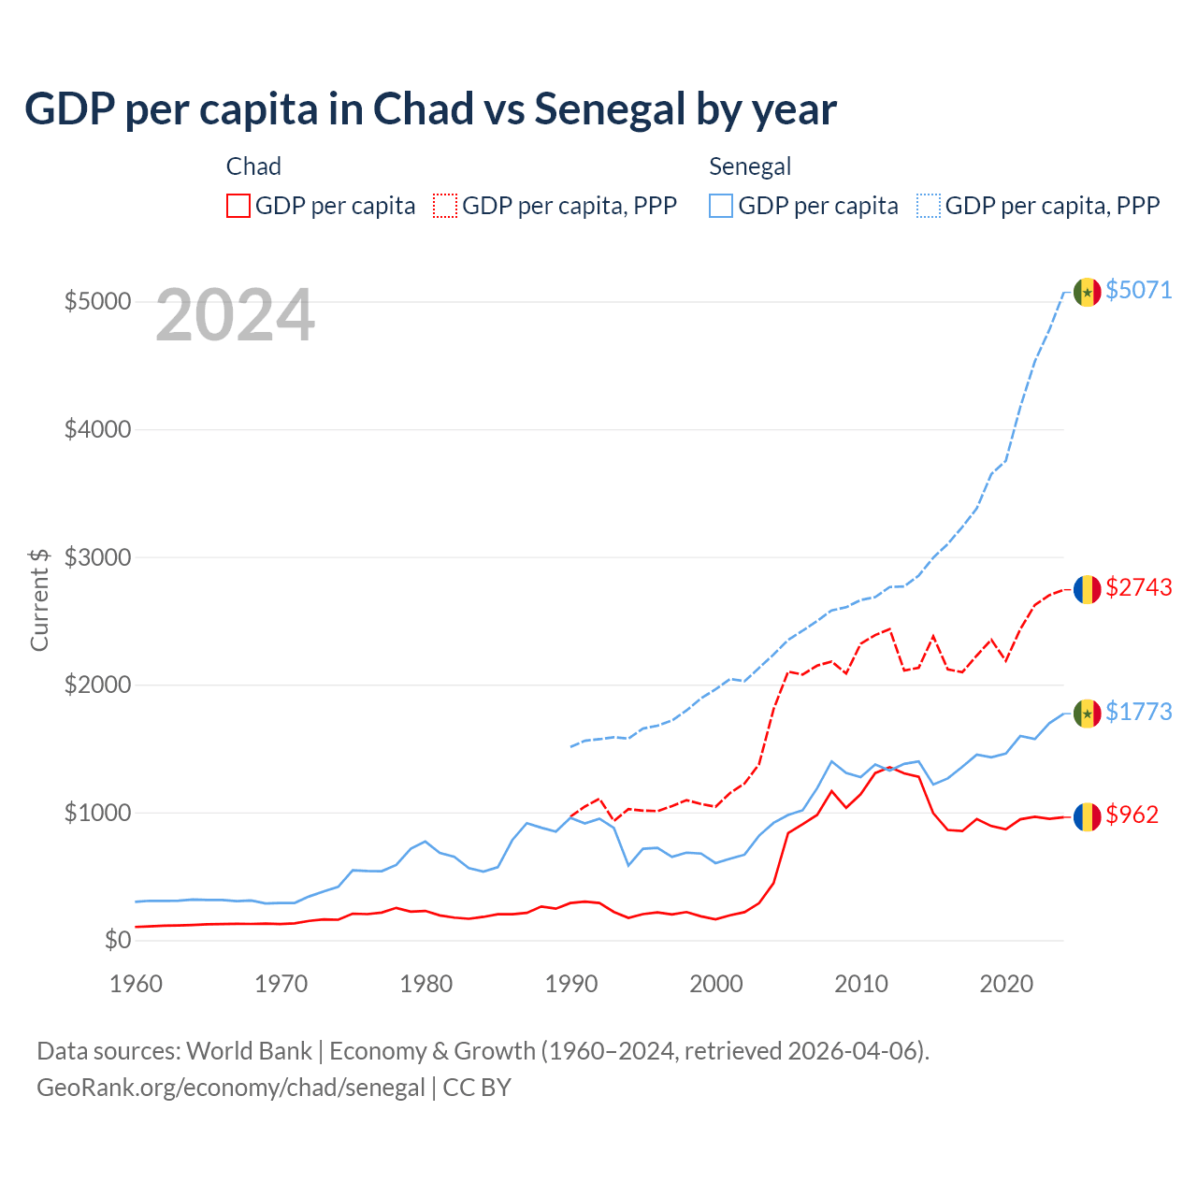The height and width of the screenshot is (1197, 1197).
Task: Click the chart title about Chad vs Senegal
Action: pos(430,109)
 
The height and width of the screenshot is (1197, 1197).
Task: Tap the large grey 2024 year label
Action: pos(235,315)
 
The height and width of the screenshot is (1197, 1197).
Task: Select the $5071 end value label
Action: pos(1138,290)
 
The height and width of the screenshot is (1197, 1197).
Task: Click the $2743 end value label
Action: pos(1138,587)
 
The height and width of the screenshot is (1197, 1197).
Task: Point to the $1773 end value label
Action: pos(1138,712)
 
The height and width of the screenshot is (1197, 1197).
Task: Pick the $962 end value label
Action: pos(1132,815)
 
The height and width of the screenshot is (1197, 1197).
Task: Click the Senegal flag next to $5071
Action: pos(1087,292)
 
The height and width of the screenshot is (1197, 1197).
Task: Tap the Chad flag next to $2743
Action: pos(1087,589)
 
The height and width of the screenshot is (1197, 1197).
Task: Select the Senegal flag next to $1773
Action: pos(1087,714)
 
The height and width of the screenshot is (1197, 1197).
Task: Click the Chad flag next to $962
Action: pos(1087,816)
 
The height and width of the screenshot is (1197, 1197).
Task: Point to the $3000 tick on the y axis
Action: pos(97,557)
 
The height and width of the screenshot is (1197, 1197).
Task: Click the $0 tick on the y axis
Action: pos(117,940)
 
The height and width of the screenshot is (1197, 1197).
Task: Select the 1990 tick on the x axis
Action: pos(571,984)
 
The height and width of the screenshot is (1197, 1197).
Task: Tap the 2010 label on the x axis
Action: pos(861,984)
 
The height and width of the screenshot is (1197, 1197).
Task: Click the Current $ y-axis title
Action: pos(39,599)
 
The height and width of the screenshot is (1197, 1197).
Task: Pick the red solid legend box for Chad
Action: pos(238,206)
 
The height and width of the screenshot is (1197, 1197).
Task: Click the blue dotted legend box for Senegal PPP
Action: pos(929,206)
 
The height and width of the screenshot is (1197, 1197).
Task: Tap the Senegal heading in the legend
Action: pos(750,166)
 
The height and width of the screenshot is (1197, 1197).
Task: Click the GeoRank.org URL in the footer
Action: pos(231,1088)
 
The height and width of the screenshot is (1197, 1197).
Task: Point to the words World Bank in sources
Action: pos(249,1051)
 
